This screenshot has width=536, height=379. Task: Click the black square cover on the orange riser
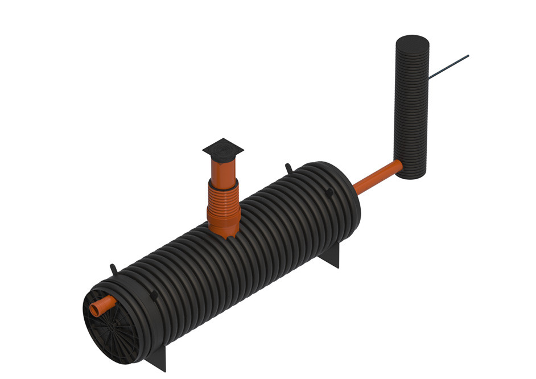point(223,149)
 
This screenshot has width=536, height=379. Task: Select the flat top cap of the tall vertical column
point(411,43)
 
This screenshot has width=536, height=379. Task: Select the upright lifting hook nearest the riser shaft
point(287,168)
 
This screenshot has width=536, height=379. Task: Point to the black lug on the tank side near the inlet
point(154,294)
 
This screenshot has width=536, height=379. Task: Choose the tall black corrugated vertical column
point(411,108)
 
